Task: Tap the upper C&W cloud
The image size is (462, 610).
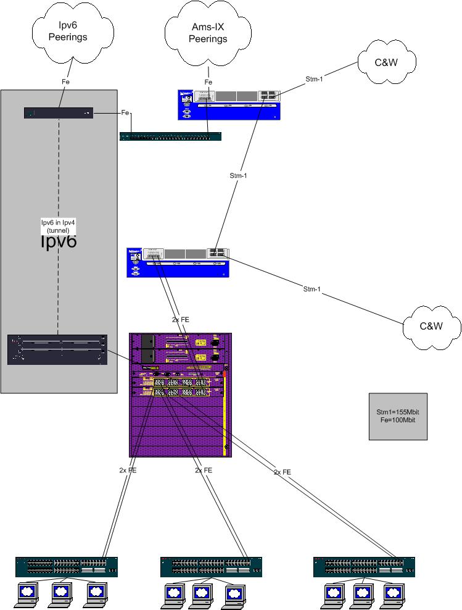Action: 387,62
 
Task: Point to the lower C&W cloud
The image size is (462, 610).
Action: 431,325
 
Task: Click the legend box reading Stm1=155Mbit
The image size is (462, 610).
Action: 397,416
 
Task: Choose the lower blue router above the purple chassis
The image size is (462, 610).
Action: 178,262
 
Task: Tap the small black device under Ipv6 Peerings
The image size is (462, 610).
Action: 59,113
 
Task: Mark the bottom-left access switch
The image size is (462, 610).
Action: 66,567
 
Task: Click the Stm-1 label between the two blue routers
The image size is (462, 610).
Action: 238,175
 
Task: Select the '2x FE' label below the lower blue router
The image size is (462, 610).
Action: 181,320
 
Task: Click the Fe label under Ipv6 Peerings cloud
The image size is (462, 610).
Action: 65,81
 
